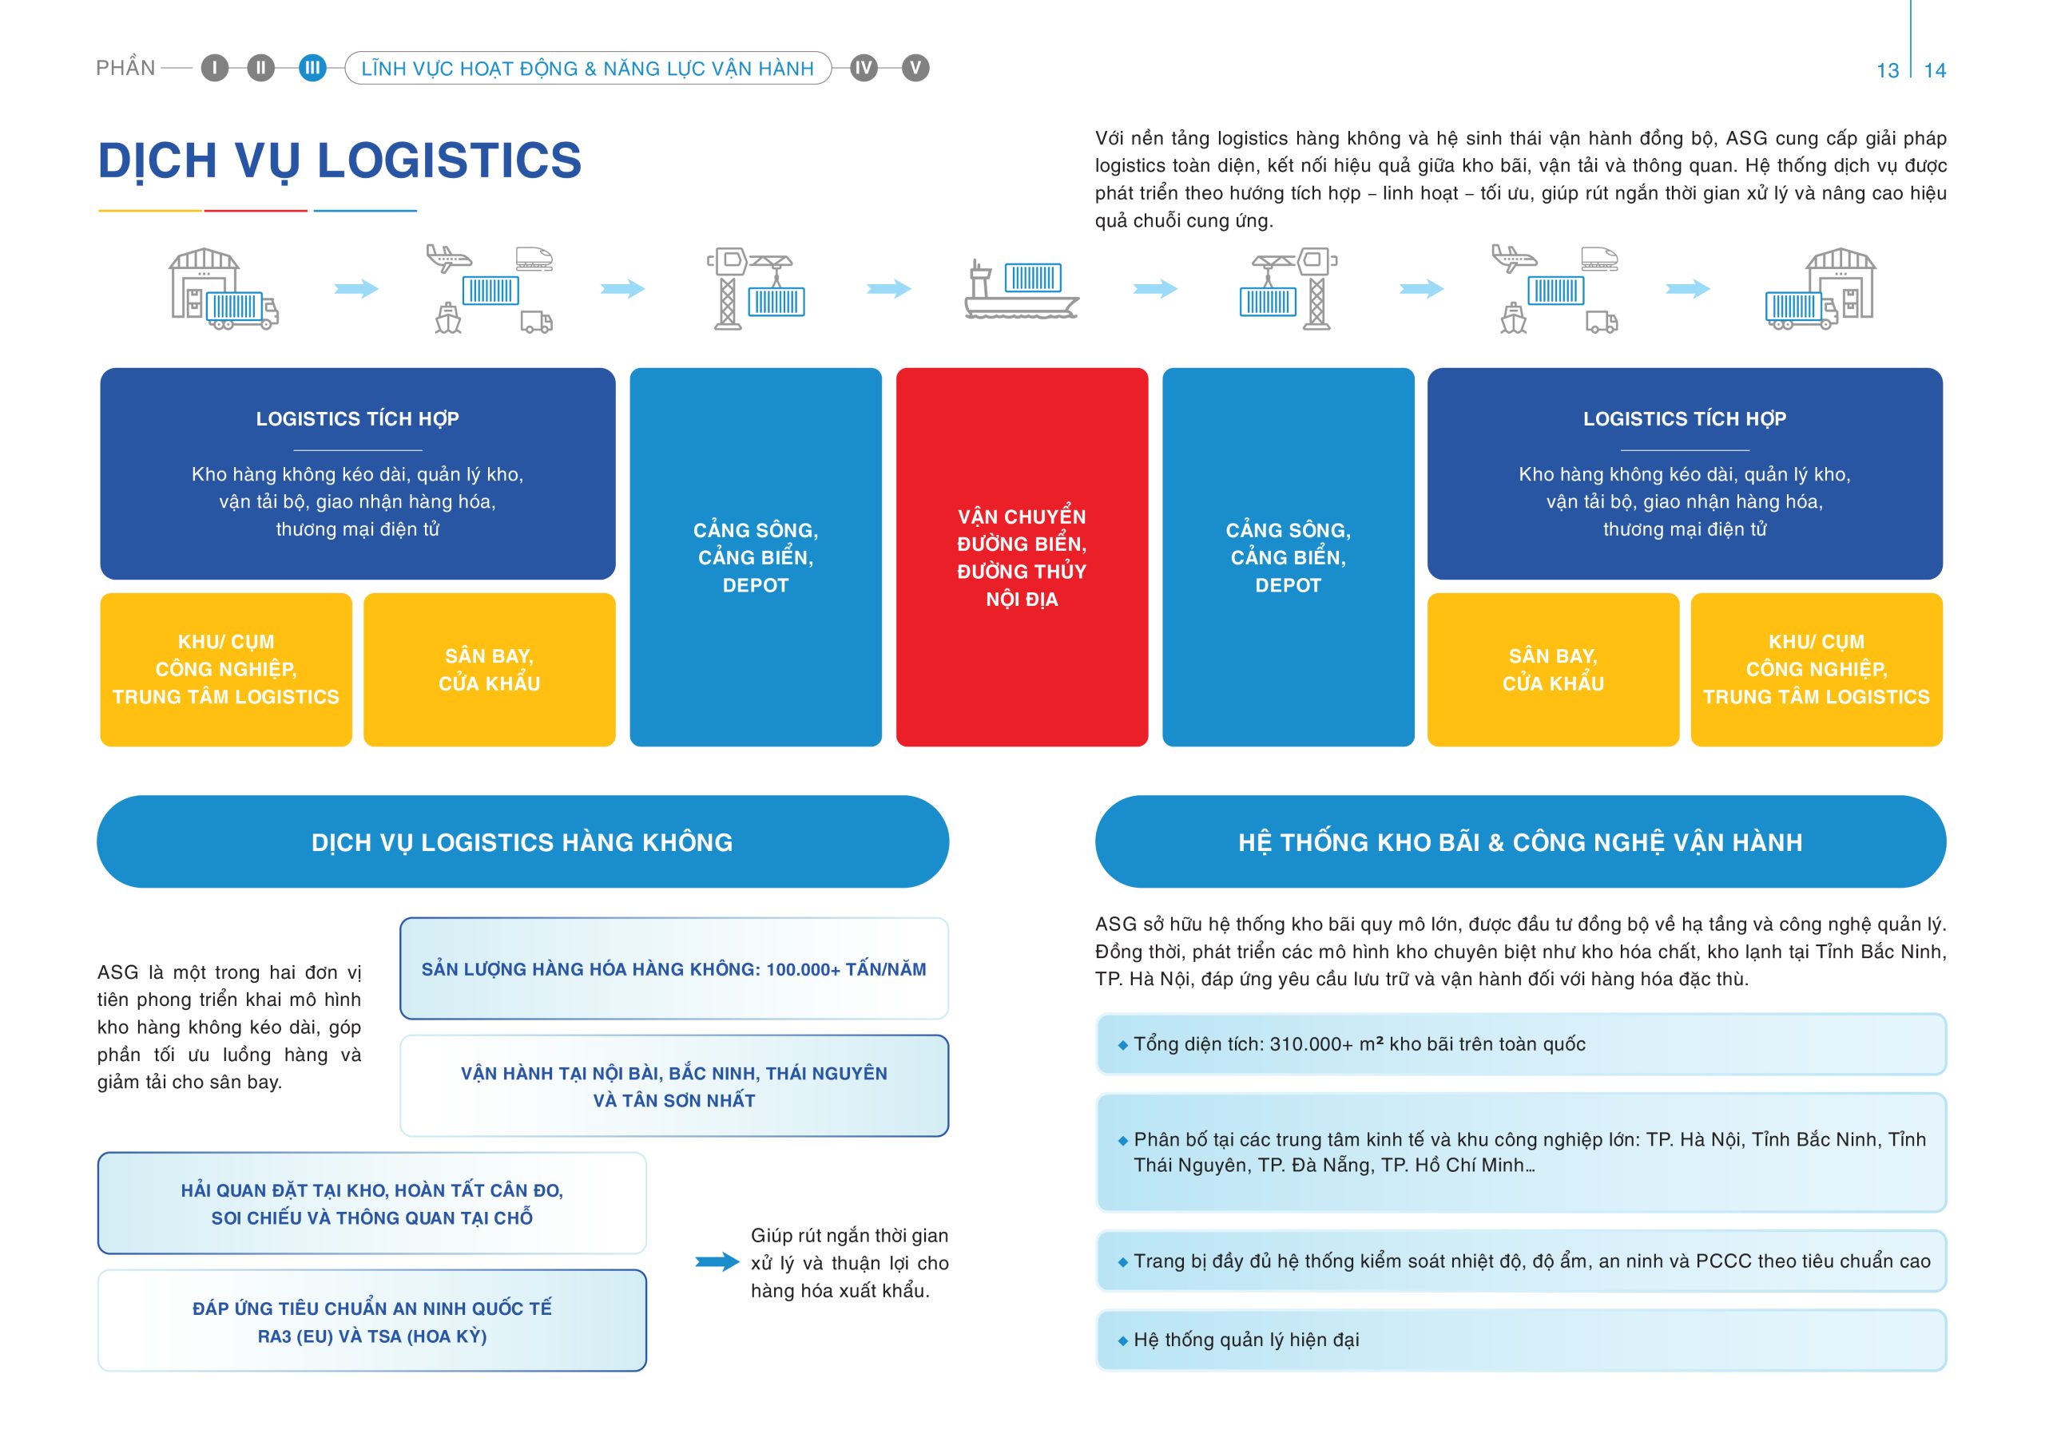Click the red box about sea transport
(1022, 556)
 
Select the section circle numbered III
(312, 69)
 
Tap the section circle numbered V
(915, 69)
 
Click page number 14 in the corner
(1935, 70)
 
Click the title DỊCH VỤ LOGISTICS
(340, 162)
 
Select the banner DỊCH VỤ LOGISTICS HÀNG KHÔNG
(522, 841)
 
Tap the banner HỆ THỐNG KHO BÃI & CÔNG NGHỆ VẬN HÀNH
(1520, 841)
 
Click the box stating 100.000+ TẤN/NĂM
(674, 968)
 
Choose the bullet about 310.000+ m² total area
(1521, 1043)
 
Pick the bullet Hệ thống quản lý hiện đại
(1521, 1340)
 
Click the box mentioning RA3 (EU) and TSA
(372, 1321)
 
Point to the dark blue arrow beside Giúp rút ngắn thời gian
(717, 1261)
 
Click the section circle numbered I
(215, 69)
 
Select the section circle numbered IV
(863, 69)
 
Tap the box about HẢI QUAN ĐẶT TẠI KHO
(372, 1204)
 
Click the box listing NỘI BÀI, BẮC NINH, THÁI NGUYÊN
(674, 1087)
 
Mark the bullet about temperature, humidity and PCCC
(1521, 1261)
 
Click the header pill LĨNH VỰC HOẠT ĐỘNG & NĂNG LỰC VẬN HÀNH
(588, 69)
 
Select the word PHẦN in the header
(125, 69)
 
